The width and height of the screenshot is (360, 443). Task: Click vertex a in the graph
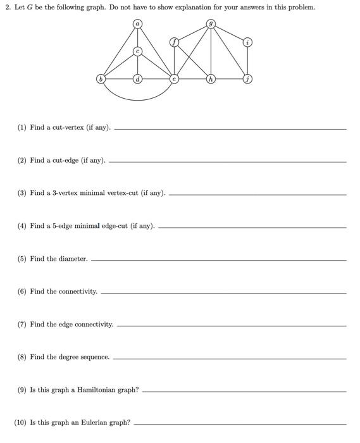pyautogui.click(x=137, y=24)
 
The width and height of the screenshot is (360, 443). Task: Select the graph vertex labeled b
pyautogui.click(x=100, y=79)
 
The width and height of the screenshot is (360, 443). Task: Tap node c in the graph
pyautogui.click(x=137, y=51)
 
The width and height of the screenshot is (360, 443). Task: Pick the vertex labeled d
pyautogui.click(x=137, y=79)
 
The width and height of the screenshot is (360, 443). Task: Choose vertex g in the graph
pyautogui.click(x=211, y=24)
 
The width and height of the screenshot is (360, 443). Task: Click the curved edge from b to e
pyautogui.click(x=137, y=100)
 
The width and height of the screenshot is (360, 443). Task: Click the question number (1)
pyautogui.click(x=22, y=128)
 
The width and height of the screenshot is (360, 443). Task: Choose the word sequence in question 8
pyautogui.click(x=95, y=357)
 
